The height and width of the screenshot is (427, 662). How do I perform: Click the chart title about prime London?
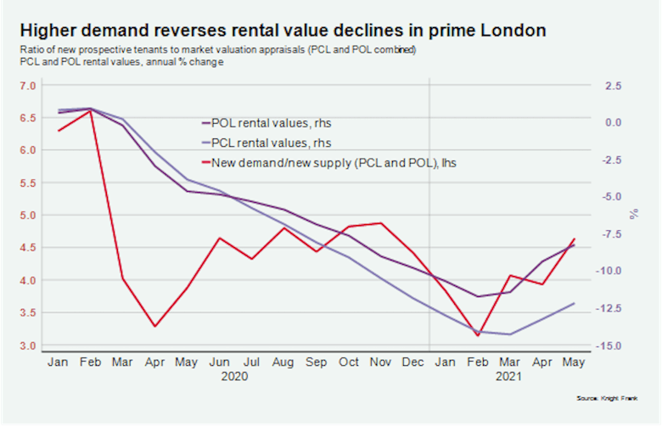pyautogui.click(x=284, y=31)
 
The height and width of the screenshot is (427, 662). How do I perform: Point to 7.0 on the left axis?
pyautogui.click(x=28, y=86)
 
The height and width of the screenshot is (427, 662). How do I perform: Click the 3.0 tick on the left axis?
pyautogui.click(x=28, y=346)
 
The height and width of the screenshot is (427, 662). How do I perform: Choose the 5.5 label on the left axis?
pyautogui.click(x=28, y=183)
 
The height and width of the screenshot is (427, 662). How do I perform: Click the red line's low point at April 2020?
pyautogui.click(x=154, y=326)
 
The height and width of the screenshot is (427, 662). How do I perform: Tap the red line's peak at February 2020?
pyautogui.click(x=90, y=110)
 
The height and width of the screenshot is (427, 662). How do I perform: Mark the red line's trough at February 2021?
pyautogui.click(x=477, y=335)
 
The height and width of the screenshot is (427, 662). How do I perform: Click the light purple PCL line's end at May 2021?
pyautogui.click(x=575, y=303)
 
